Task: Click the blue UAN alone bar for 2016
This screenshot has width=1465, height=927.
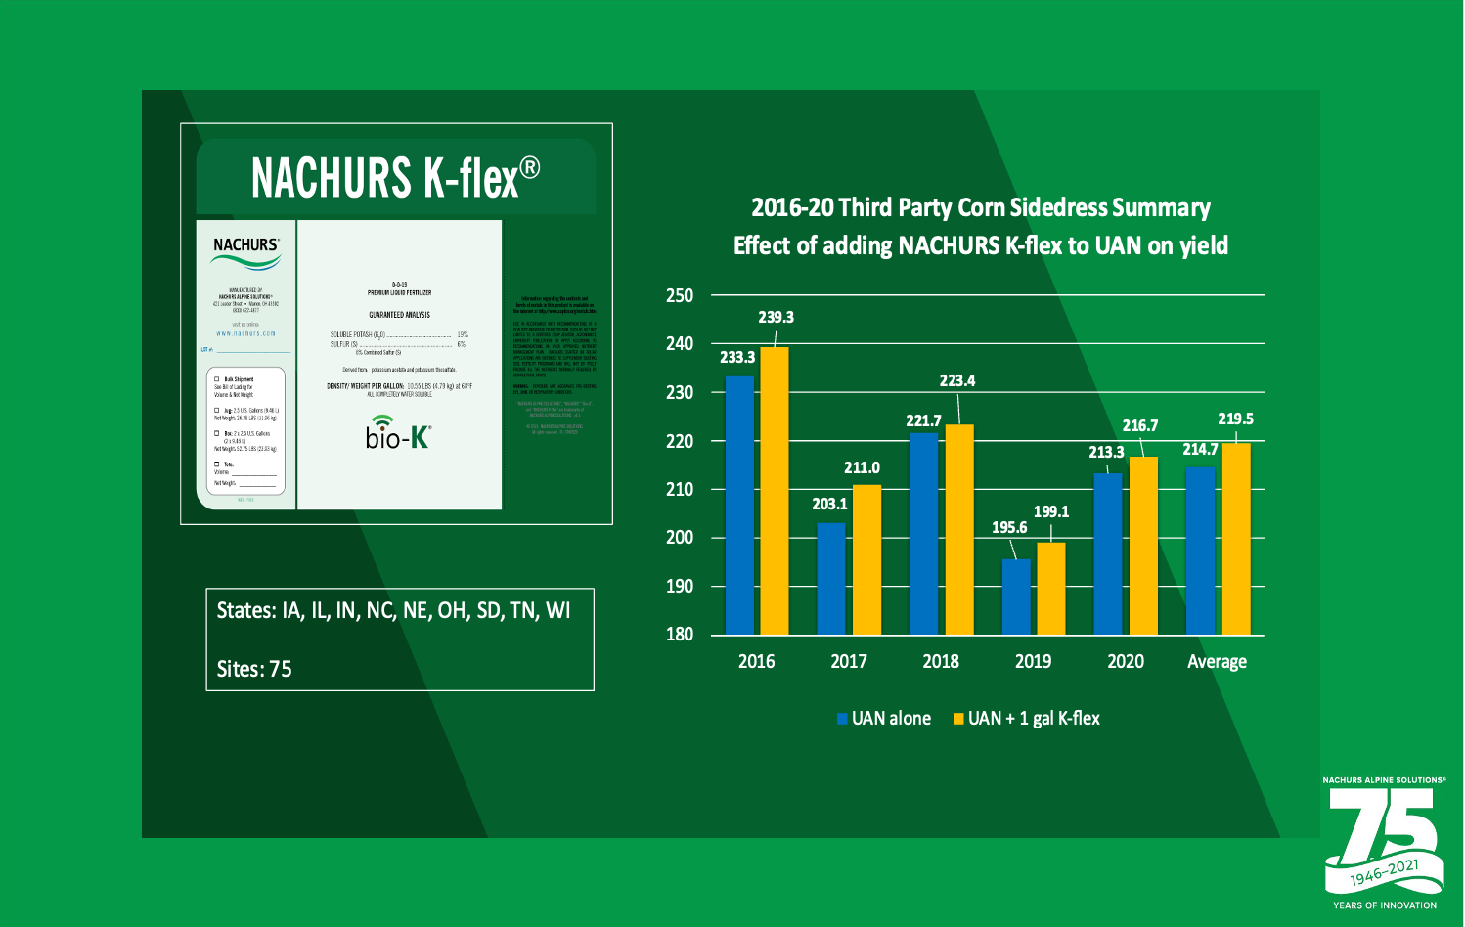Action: point(739,505)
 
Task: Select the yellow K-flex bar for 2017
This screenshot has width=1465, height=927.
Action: point(866,559)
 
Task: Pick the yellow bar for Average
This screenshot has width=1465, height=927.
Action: point(1236,539)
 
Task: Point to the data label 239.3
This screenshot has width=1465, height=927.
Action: point(776,317)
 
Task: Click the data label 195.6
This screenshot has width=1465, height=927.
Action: point(1009,527)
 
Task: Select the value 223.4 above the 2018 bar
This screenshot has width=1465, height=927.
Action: point(956,380)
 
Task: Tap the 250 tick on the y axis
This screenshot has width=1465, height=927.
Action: point(680,295)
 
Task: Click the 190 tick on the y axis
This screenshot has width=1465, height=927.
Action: point(680,586)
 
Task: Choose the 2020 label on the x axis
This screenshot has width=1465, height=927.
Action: point(1126,661)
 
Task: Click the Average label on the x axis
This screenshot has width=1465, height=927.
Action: point(1217,661)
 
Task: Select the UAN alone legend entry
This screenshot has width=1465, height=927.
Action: point(884,719)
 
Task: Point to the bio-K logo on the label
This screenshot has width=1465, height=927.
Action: point(398,433)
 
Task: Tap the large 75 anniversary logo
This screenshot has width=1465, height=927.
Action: point(1383,839)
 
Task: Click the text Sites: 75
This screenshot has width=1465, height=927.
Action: point(254,669)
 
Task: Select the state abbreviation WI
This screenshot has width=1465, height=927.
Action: point(557,610)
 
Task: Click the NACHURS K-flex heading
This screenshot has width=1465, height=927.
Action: point(395,178)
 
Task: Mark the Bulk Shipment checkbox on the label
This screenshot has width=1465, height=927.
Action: point(217,379)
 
